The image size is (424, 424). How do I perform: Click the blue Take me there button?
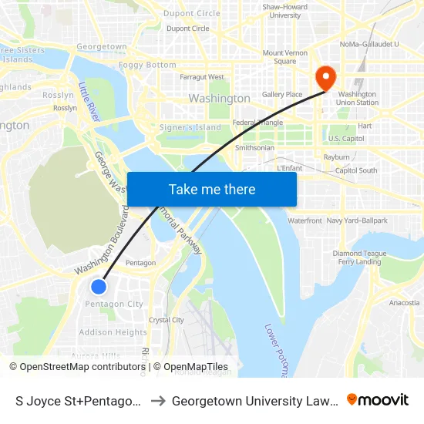pyautogui.click(x=212, y=189)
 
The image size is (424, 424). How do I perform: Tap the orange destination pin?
pyautogui.click(x=325, y=77)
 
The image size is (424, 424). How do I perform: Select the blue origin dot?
pyautogui.click(x=99, y=287)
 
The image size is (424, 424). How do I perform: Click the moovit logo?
pyautogui.click(x=377, y=400)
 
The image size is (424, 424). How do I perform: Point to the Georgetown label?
pyautogui.click(x=102, y=47)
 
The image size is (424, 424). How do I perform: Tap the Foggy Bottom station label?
pyautogui.click(x=147, y=66)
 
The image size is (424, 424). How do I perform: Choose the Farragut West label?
pyautogui.click(x=202, y=77)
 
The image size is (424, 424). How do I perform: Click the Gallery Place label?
pyautogui.click(x=282, y=95)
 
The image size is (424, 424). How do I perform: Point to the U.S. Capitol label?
pyautogui.click(x=346, y=139)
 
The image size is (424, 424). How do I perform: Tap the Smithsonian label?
pyautogui.click(x=254, y=147)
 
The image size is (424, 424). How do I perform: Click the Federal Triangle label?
pyautogui.click(x=258, y=123)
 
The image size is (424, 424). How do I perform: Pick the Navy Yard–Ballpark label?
pyautogui.click(x=357, y=221)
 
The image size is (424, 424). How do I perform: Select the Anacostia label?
pyautogui.click(x=404, y=303)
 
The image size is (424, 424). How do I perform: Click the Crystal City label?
pyautogui.click(x=166, y=320)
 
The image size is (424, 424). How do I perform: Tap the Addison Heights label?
pyautogui.click(x=113, y=333)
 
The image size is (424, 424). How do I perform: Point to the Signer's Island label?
pyautogui.click(x=189, y=127)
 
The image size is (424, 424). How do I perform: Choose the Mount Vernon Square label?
pyautogui.click(x=279, y=57)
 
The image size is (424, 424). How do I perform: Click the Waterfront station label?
pyautogui.click(x=305, y=221)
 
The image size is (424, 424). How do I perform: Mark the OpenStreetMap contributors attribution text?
pyautogui.click(x=77, y=367)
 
